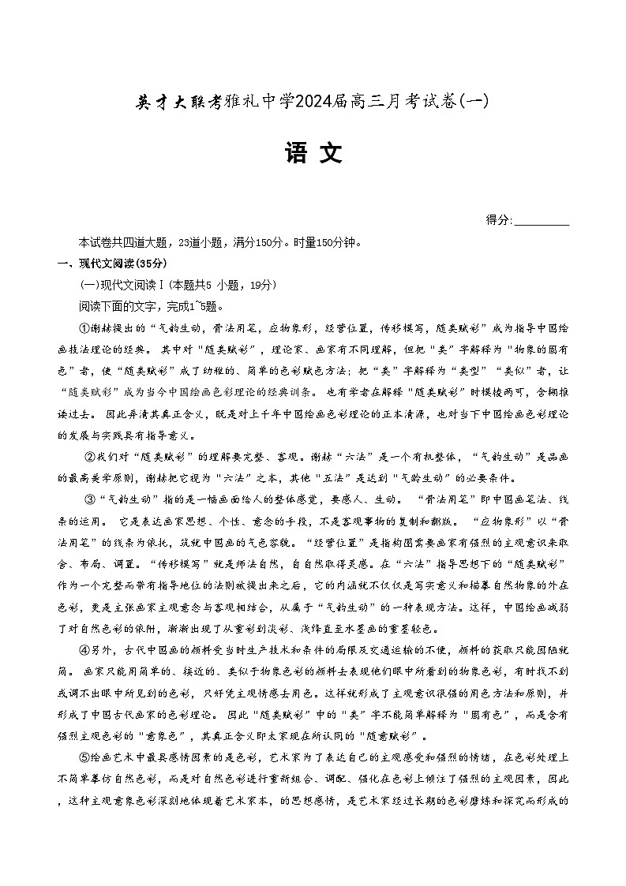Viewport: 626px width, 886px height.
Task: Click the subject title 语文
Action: [313, 153]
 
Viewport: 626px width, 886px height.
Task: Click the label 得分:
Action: [499, 221]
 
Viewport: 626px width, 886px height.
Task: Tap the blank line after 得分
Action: [542, 222]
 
